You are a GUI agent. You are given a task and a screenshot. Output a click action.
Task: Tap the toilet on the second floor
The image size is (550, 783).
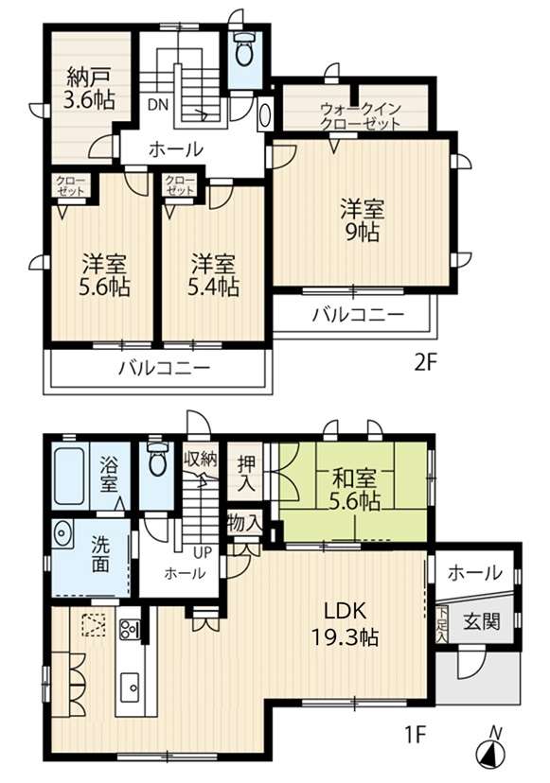click(x=244, y=49)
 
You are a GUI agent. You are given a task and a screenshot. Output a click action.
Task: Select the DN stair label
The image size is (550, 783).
click(x=158, y=105)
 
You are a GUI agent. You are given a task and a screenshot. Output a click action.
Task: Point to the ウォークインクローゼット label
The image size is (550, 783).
click(x=361, y=115)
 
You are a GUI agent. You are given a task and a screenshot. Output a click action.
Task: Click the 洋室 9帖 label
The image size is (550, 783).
click(x=363, y=220)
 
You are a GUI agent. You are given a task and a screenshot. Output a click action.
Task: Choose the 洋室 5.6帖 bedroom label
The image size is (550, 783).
click(x=104, y=275)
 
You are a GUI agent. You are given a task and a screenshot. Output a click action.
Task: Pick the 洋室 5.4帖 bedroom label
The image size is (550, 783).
click(x=214, y=275)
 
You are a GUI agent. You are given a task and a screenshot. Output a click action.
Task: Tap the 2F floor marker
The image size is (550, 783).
click(x=425, y=362)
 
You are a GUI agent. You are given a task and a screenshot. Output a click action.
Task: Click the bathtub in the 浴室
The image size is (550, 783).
click(x=69, y=476)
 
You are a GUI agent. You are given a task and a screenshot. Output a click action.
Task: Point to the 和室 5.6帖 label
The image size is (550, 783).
click(x=354, y=490)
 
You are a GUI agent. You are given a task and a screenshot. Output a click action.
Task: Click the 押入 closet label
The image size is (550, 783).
click(x=245, y=473)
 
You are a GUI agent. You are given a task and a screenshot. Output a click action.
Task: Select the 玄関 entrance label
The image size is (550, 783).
click(x=481, y=621)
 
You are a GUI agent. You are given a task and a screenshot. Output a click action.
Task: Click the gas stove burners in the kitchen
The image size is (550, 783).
click(x=130, y=630)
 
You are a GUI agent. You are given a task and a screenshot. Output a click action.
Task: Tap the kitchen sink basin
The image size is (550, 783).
click(x=132, y=687)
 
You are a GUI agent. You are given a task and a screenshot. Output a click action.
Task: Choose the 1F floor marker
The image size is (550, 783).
click(x=414, y=735)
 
